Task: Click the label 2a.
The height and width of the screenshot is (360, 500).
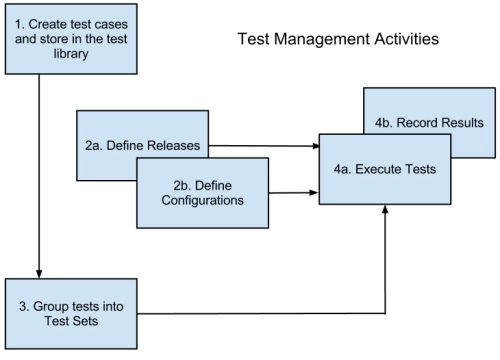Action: click(x=94, y=145)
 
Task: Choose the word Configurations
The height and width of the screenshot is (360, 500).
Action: click(x=202, y=201)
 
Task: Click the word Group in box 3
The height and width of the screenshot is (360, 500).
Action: click(x=52, y=306)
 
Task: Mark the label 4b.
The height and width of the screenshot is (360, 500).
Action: click(x=383, y=123)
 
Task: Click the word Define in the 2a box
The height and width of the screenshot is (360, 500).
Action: click(x=125, y=145)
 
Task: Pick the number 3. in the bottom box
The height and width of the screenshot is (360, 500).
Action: click(x=24, y=306)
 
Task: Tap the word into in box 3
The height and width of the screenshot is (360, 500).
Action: click(x=112, y=306)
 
